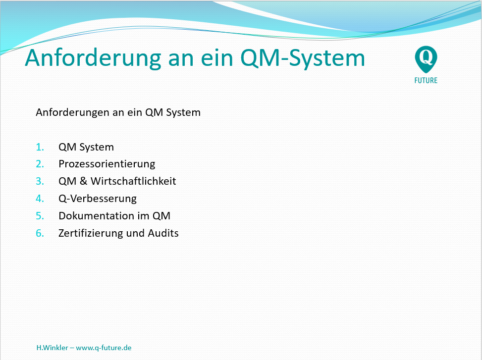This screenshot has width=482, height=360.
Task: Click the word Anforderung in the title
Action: click(93, 58)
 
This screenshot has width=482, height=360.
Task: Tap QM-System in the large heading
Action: click(303, 58)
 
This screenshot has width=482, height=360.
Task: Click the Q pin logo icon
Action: click(426, 59)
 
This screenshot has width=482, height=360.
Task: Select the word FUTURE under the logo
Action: click(426, 81)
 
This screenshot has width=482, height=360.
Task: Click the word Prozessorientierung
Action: click(107, 164)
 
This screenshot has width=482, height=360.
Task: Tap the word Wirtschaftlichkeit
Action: click(133, 181)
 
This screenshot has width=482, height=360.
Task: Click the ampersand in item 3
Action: click(83, 181)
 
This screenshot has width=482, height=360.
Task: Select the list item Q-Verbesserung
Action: click(98, 199)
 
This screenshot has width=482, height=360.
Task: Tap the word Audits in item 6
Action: click(163, 233)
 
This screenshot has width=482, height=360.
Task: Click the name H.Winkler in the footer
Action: click(52, 348)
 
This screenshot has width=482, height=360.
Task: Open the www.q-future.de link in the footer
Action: click(104, 348)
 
